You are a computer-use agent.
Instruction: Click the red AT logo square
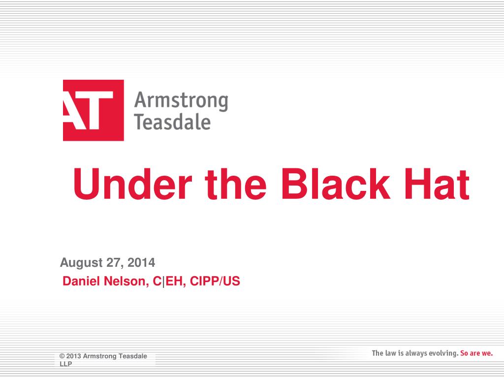pos(93,110)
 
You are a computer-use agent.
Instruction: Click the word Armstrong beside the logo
pos(181,101)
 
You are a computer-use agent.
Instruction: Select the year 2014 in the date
pos(141,263)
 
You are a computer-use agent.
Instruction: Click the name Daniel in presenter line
pos(80,282)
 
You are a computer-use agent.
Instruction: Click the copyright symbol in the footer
pos(62,356)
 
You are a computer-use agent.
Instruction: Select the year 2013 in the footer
pos(73,356)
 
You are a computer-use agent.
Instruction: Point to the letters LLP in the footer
pos(65,364)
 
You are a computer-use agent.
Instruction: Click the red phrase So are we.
pos(476,353)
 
